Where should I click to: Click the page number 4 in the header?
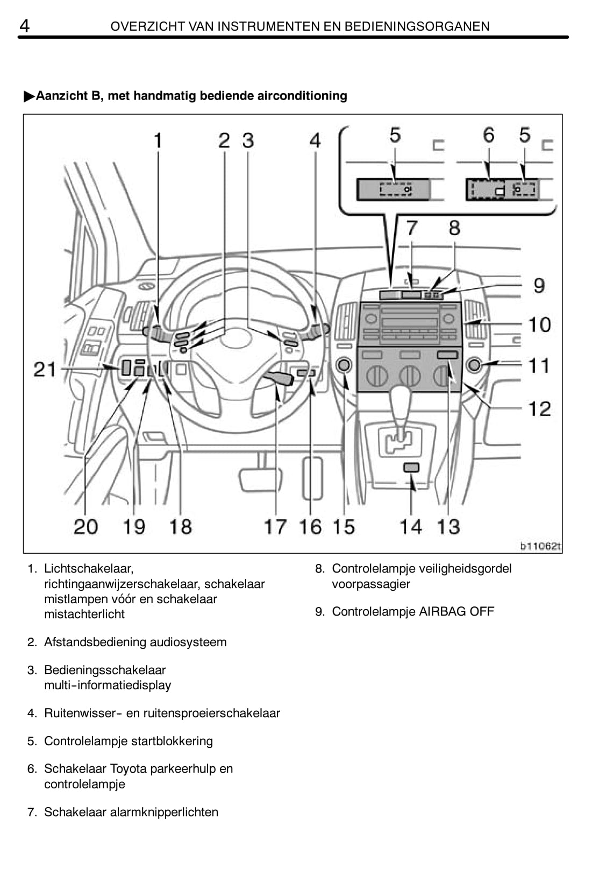(x=24, y=26)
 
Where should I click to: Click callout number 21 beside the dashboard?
(x=45, y=369)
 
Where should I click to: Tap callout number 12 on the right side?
(x=540, y=408)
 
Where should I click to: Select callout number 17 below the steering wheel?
(x=275, y=527)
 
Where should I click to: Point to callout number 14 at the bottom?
(x=411, y=527)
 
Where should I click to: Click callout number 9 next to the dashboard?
(x=539, y=286)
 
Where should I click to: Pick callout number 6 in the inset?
(x=489, y=135)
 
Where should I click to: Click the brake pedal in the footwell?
(x=261, y=479)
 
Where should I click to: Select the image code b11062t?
(x=540, y=546)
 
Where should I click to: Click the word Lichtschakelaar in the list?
(x=89, y=569)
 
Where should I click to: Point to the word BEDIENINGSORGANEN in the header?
(x=417, y=26)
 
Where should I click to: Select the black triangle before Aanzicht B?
(x=29, y=96)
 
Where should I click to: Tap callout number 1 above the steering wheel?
(x=158, y=140)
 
